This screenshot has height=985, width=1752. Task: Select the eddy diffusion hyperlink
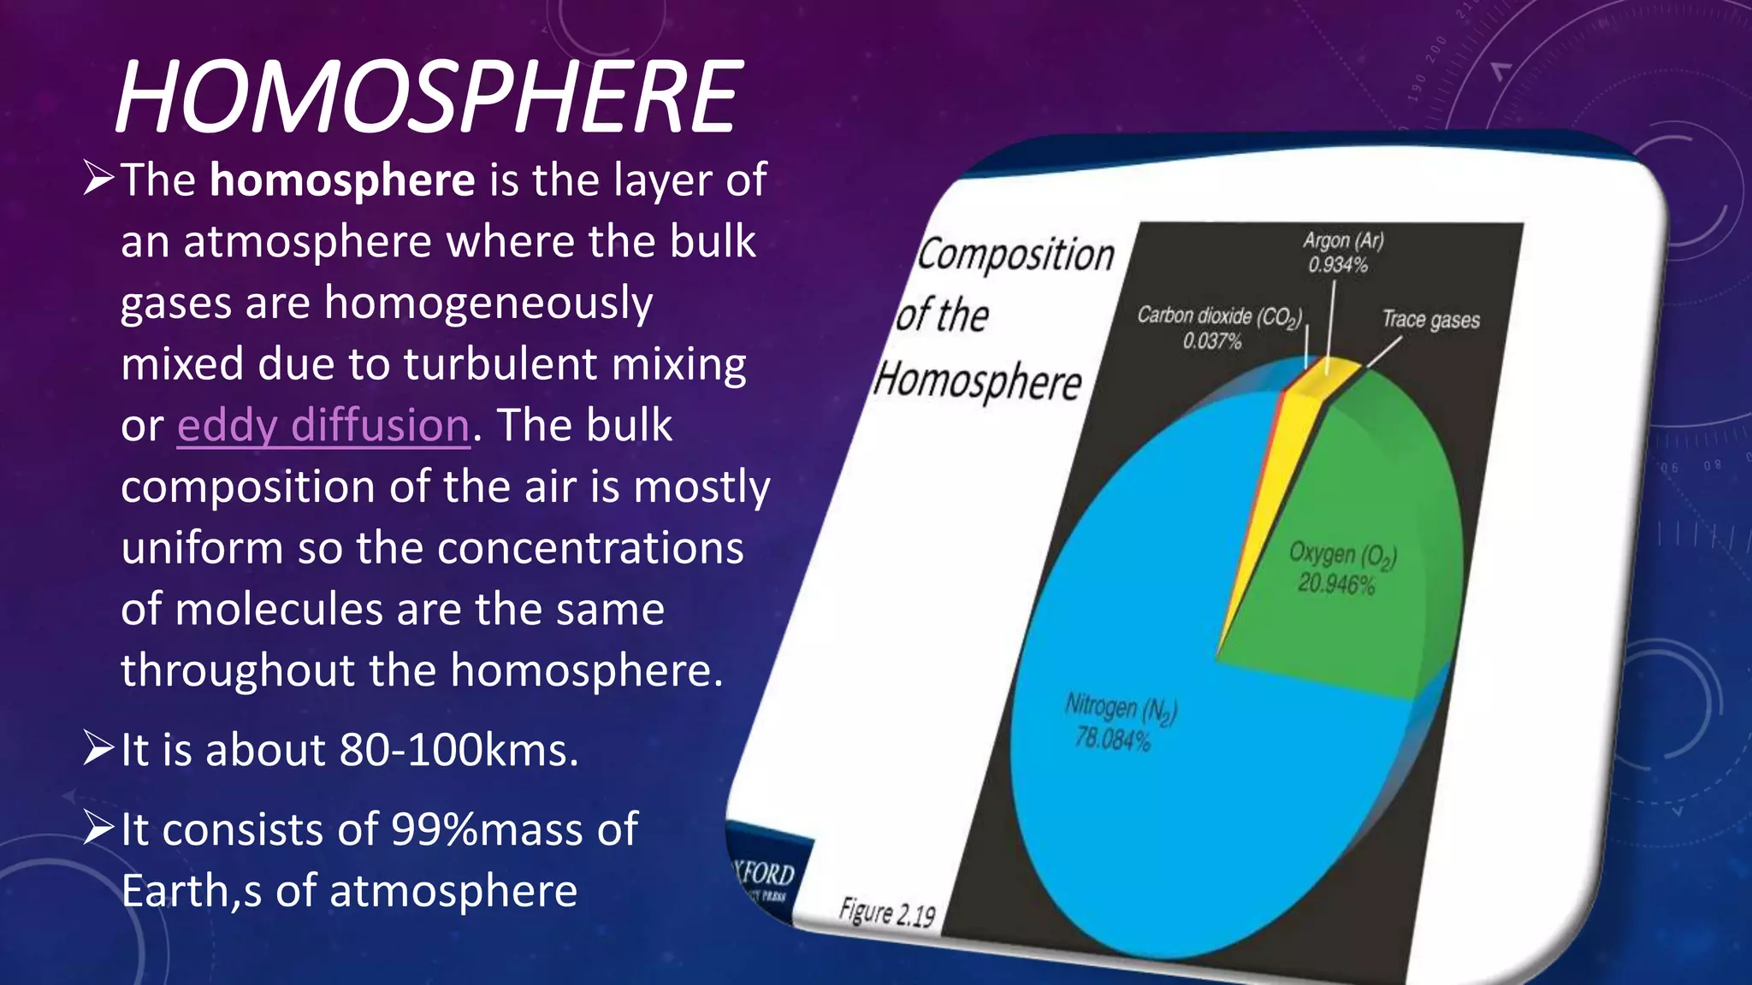pyautogui.click(x=323, y=425)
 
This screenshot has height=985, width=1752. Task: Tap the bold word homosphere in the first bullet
pyautogui.click(x=342, y=180)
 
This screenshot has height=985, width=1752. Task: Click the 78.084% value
pyautogui.click(x=1112, y=738)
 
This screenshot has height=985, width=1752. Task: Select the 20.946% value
pyautogui.click(x=1336, y=584)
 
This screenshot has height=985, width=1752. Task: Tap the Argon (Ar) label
pyautogui.click(x=1343, y=241)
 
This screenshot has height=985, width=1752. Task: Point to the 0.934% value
pyautogui.click(x=1338, y=265)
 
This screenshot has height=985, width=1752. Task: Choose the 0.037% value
pyautogui.click(x=1212, y=341)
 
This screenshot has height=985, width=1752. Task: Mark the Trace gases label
pyautogui.click(x=1431, y=320)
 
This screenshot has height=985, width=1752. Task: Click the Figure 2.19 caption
pyautogui.click(x=887, y=912)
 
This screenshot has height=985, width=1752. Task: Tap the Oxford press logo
pyautogui.click(x=764, y=879)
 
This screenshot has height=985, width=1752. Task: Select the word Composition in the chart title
pyautogui.click(x=1016, y=255)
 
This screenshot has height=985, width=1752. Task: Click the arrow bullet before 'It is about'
pyautogui.click(x=98, y=748)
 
